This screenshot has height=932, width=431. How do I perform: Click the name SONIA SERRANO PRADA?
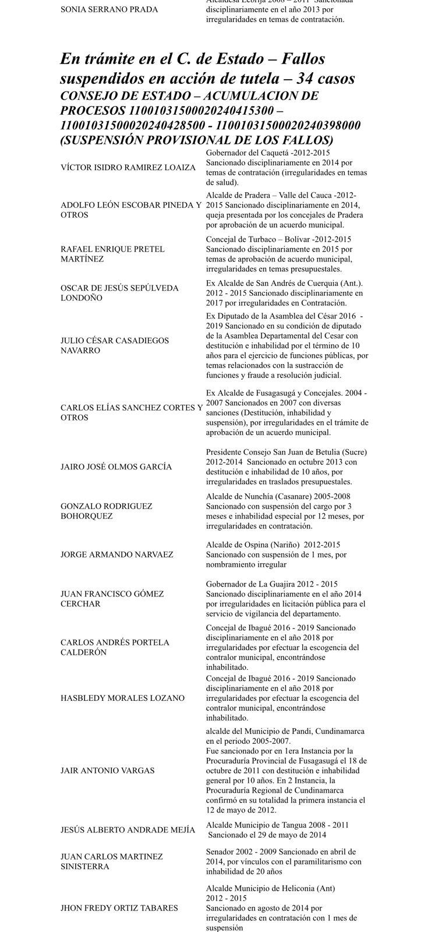pyautogui.click(x=105, y=9)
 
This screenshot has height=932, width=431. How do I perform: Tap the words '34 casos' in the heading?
pyautogui.click(x=326, y=78)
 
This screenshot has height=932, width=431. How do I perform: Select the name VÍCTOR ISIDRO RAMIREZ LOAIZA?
pyautogui.click(x=128, y=167)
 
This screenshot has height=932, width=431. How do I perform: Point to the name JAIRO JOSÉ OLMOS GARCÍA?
pyautogui.click(x=116, y=467)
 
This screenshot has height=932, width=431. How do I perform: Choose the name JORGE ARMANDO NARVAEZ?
pyautogui.click(x=116, y=555)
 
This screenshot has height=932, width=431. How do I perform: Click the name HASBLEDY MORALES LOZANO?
pyautogui.click(x=122, y=698)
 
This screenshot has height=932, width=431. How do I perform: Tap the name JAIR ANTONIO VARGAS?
pyautogui.click(x=108, y=770)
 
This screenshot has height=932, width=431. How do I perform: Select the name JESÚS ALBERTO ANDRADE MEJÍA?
pyautogui.click(x=128, y=829)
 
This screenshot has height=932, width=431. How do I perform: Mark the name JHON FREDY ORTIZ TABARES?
pyautogui.click(x=119, y=908)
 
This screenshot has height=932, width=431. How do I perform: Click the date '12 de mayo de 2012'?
pyautogui.click(x=242, y=810)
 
